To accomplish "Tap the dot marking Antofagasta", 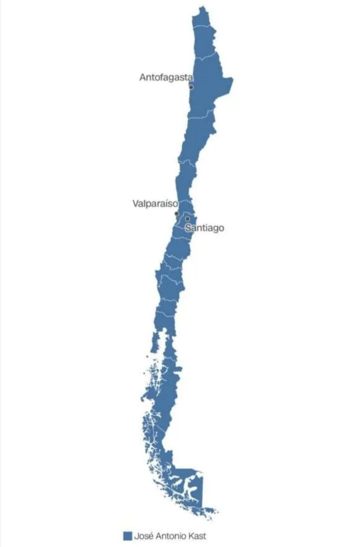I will pos(191,87).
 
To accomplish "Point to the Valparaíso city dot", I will pos(177,213).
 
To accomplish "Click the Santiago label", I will pos(205,228).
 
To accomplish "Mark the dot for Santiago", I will pos(187,219).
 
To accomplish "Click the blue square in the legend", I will pos(128,536).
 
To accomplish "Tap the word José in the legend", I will pos(143,536).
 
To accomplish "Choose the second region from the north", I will pos(205,43).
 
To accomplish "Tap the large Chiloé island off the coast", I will pos(155,342).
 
